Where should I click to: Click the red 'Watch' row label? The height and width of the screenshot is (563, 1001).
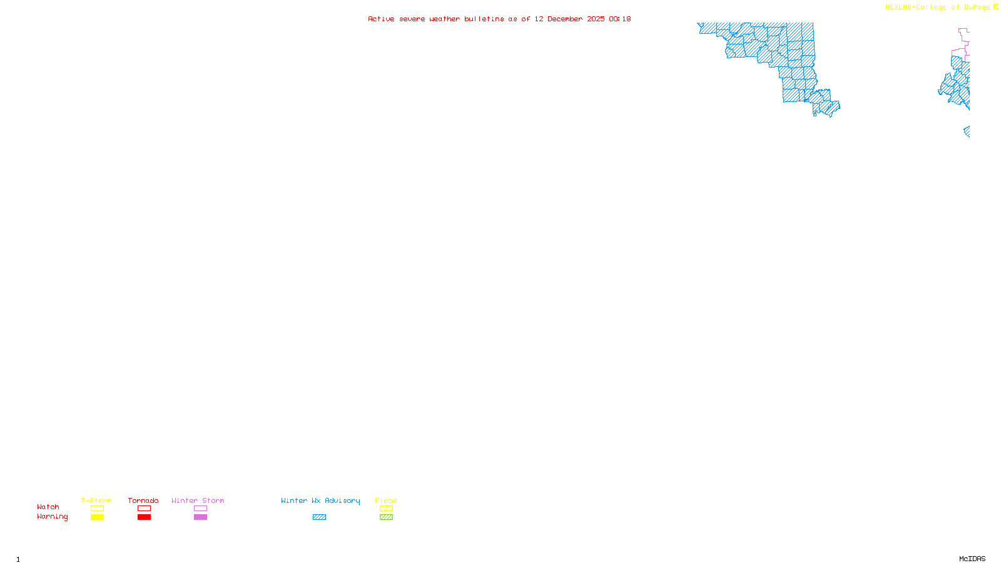(48, 507)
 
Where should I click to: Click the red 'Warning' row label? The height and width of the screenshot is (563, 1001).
(52, 517)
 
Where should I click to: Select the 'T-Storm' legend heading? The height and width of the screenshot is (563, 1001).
(96, 500)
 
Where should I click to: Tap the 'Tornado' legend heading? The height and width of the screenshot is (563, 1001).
(143, 500)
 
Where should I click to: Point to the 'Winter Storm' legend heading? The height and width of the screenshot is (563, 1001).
(198, 500)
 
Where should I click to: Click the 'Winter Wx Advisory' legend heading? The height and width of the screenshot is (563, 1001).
(320, 500)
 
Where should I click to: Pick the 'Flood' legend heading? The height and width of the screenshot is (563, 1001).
(386, 500)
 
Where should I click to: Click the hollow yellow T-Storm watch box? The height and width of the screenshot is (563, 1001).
(97, 509)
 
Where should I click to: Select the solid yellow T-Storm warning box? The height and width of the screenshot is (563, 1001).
(97, 517)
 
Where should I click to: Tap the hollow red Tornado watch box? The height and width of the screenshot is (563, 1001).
(144, 509)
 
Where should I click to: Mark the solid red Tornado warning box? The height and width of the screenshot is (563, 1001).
(144, 517)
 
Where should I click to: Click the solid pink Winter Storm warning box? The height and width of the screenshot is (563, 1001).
(200, 517)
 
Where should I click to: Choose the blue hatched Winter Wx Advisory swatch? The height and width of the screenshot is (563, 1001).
(319, 517)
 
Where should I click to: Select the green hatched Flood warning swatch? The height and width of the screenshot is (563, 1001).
(386, 517)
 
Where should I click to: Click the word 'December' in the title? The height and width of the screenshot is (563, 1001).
(565, 19)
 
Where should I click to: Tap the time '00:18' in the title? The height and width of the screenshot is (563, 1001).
(620, 19)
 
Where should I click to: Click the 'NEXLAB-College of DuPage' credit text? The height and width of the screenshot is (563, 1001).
(937, 7)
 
